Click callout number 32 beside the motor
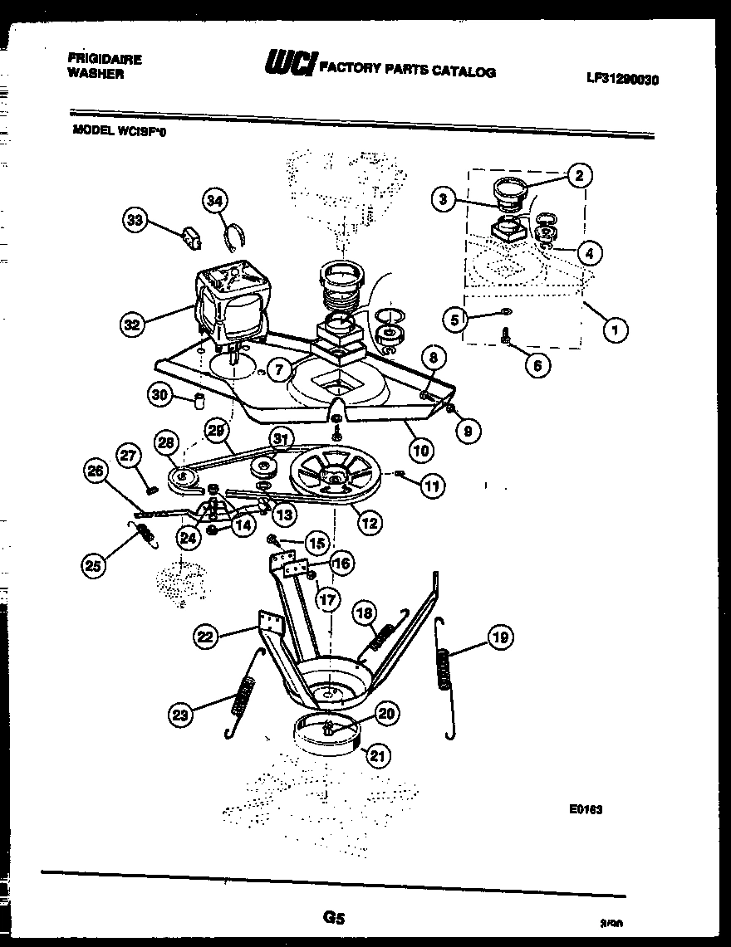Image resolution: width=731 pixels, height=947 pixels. (131, 325)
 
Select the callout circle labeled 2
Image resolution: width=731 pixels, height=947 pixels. (579, 174)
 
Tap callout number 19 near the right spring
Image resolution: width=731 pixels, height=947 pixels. (499, 637)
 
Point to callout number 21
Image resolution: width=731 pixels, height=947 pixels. (378, 755)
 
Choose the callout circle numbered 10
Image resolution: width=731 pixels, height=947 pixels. (421, 451)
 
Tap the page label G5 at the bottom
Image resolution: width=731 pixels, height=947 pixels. (332, 918)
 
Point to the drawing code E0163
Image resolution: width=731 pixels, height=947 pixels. (586, 811)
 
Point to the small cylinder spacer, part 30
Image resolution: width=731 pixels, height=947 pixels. (199, 402)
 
